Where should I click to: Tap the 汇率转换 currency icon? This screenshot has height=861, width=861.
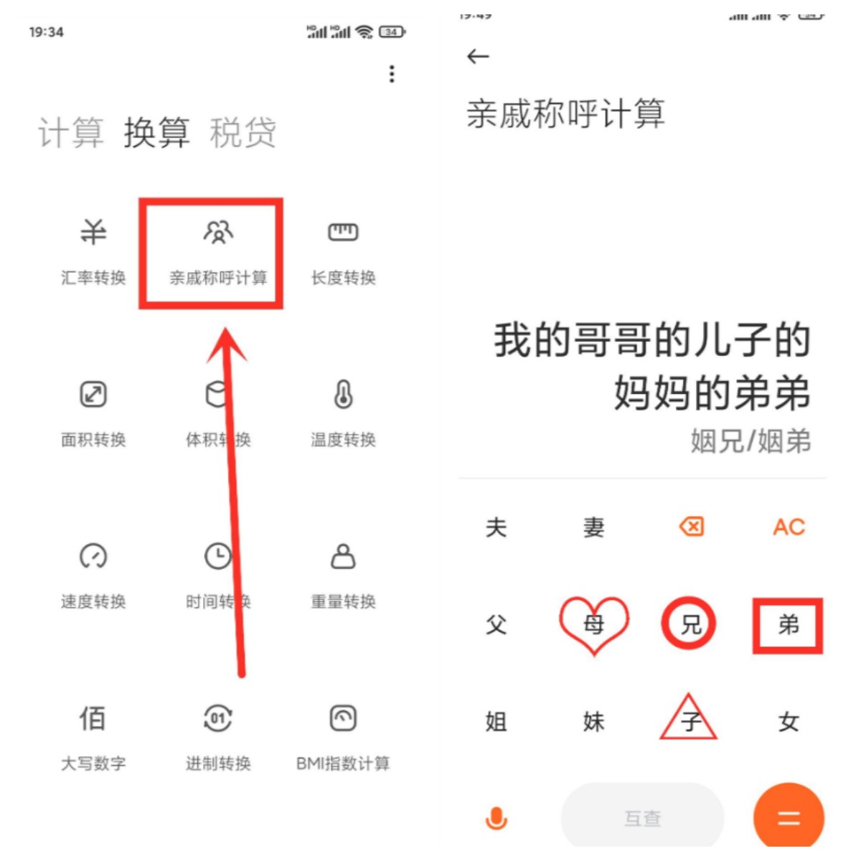coord(93,232)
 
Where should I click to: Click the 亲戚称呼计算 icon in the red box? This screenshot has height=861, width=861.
coord(218,232)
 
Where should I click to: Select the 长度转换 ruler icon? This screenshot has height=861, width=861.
coord(343,232)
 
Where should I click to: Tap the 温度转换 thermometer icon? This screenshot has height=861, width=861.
coord(343,395)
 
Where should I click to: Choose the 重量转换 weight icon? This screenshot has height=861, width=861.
coord(343,556)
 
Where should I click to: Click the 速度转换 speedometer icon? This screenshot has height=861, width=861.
coord(93,556)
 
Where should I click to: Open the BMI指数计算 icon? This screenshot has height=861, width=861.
coord(343,718)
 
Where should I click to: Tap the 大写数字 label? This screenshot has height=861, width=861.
coord(93,763)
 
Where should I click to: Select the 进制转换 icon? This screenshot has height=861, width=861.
coord(218,718)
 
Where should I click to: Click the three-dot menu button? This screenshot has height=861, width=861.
coord(392,74)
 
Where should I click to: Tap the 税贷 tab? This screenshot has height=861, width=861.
coord(243,133)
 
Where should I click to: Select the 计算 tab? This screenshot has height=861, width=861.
coord(70,133)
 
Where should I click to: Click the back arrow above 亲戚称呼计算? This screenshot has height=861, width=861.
coord(478,57)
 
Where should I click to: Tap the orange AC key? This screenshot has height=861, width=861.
coord(789,527)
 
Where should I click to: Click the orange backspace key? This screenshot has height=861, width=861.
coord(691,527)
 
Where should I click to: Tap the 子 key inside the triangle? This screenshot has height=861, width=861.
coord(690,720)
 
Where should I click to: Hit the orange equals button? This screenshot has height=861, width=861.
coord(789,818)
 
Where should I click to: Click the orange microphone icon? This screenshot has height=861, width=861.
coord(497,818)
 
